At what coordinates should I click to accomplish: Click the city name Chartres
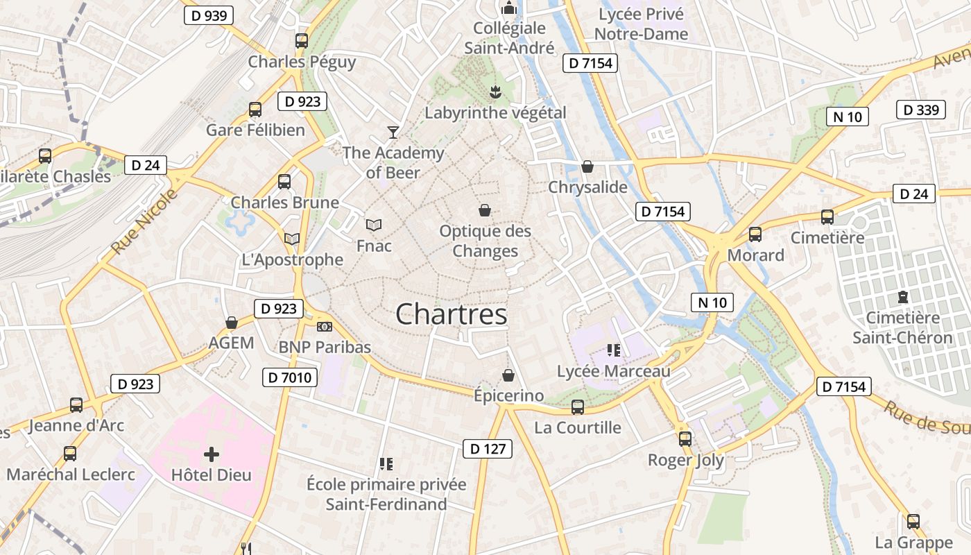452,314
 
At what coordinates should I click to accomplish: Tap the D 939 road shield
208,15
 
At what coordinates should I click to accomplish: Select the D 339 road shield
921,110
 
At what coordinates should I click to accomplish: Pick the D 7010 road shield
290,378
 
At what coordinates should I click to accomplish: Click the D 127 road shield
488,449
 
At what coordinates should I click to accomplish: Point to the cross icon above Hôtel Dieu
212,454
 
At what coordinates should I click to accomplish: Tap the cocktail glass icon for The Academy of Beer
393,132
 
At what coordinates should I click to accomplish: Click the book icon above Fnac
374,225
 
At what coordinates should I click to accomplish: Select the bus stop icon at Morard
755,234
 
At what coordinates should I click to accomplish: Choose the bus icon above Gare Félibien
255,109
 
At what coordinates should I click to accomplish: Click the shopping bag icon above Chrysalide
587,166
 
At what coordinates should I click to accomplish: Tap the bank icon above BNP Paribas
324,326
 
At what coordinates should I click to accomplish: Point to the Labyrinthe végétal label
495,112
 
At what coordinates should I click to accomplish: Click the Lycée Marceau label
614,371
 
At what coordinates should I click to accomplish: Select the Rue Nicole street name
144,221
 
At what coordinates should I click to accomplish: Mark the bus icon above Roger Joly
685,438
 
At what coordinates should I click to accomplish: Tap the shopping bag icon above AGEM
232,323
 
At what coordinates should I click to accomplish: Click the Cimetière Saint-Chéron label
902,327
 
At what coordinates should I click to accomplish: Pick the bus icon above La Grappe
913,522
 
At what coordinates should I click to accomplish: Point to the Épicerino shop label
508,395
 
